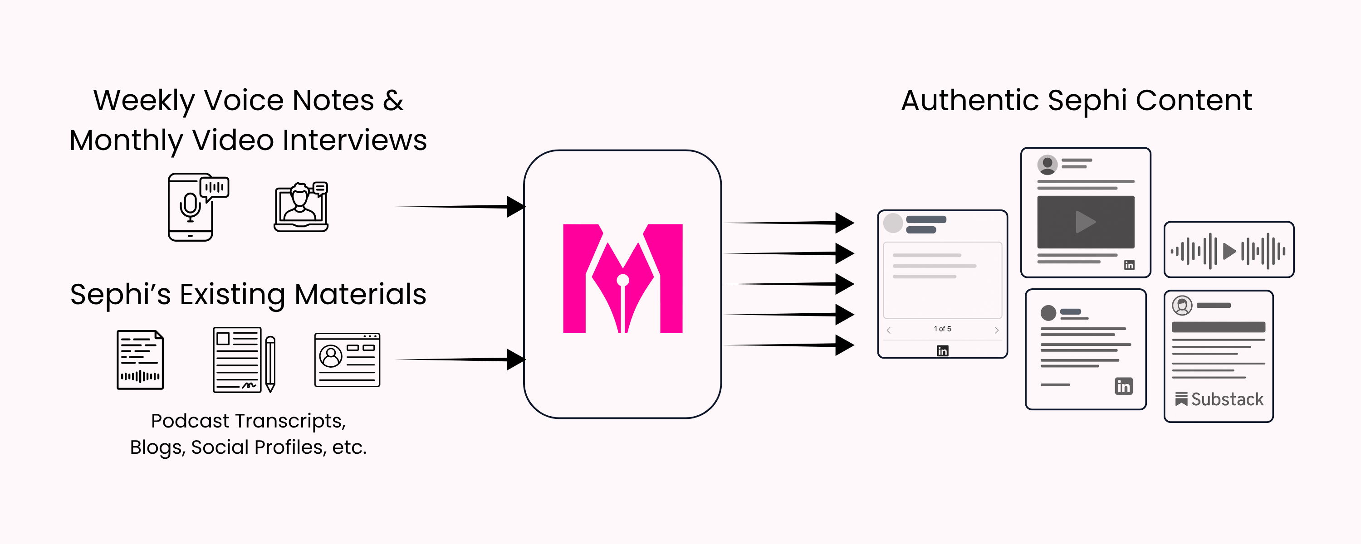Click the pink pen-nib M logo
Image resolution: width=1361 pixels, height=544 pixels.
[622, 279]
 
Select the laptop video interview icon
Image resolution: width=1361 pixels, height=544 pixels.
[301, 207]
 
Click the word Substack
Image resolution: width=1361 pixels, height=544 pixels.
[1227, 399]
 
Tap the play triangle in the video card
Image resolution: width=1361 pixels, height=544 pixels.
[1085, 222]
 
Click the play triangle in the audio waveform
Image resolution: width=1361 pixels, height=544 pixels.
[1229, 251]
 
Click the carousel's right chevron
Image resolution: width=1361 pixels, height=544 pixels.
[996, 330]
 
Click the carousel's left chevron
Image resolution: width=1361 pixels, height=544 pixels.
[889, 330]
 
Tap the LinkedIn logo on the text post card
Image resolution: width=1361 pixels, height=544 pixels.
[1123, 386]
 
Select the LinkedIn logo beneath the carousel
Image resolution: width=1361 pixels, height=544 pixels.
[943, 351]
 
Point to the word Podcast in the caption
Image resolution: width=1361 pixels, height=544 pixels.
[190, 421]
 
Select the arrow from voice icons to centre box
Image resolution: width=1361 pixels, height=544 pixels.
[460, 207]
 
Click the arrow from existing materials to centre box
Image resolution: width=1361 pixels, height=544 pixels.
[460, 359]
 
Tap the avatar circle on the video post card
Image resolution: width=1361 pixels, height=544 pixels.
[1047, 164]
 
